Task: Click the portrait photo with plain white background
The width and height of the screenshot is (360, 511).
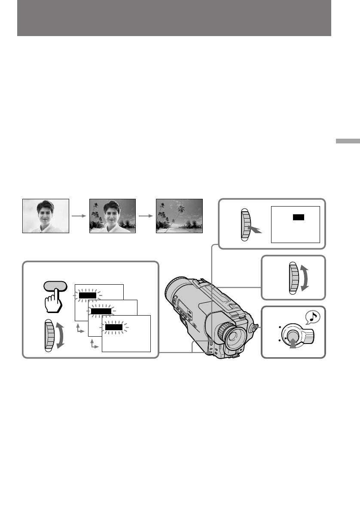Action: (x=46, y=216)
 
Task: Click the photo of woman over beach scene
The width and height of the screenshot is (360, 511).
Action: (x=112, y=216)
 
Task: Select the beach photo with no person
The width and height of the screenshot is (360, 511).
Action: (x=179, y=216)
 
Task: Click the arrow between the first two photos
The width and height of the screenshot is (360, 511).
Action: (x=79, y=216)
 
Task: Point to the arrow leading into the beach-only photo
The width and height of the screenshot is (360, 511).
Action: (x=146, y=216)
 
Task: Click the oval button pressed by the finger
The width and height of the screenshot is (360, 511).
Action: (x=55, y=286)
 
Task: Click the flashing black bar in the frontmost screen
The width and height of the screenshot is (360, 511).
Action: (x=114, y=327)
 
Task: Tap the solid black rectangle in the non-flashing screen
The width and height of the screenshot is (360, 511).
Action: (x=298, y=217)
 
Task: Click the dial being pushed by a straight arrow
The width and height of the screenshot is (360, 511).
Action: (x=245, y=224)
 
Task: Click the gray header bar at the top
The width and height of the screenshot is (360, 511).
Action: (x=174, y=18)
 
